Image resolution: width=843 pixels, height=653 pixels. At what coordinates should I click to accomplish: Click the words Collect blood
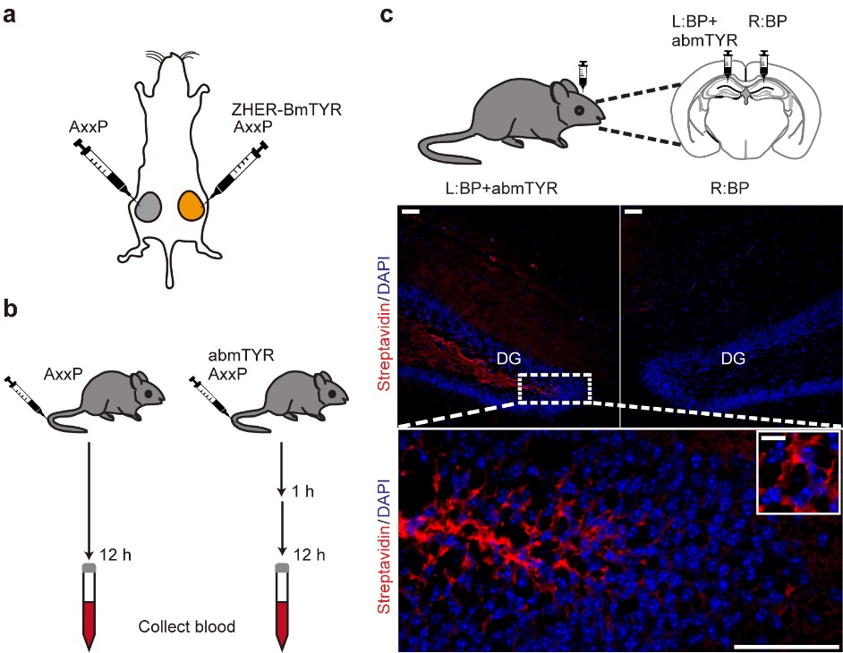point(186,627)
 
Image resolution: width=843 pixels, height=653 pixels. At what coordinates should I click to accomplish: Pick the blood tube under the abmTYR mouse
point(282,605)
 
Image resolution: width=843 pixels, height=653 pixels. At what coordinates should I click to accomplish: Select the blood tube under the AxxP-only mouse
point(89,605)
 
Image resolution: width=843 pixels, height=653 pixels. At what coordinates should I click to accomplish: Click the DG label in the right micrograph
point(735,358)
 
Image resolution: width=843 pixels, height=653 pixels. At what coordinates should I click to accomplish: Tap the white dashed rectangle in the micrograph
point(554,389)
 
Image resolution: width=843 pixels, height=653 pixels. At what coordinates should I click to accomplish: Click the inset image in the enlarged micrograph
point(797,472)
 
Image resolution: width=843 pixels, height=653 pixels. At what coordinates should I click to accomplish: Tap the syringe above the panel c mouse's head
point(584,73)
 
